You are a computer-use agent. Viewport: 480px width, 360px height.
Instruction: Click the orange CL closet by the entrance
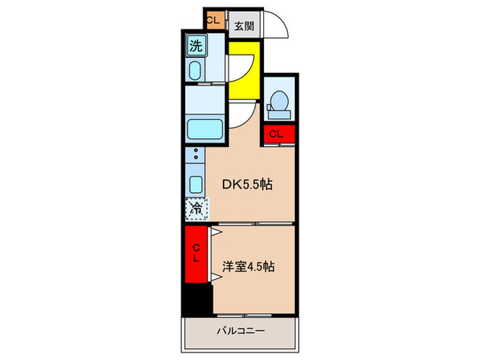click(x=213, y=20)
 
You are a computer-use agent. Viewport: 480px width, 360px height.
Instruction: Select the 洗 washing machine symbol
click(x=195, y=47)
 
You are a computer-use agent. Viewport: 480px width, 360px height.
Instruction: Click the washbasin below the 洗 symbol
click(x=195, y=70)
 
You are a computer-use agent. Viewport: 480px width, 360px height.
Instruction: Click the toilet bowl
click(x=278, y=101)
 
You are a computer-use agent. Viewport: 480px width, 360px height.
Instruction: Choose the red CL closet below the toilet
click(x=277, y=134)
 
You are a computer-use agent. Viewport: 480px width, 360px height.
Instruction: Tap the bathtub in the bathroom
click(x=205, y=128)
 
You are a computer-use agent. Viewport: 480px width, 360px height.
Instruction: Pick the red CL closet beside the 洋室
click(x=196, y=254)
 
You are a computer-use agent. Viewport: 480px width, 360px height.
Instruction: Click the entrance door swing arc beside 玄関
click(x=278, y=27)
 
